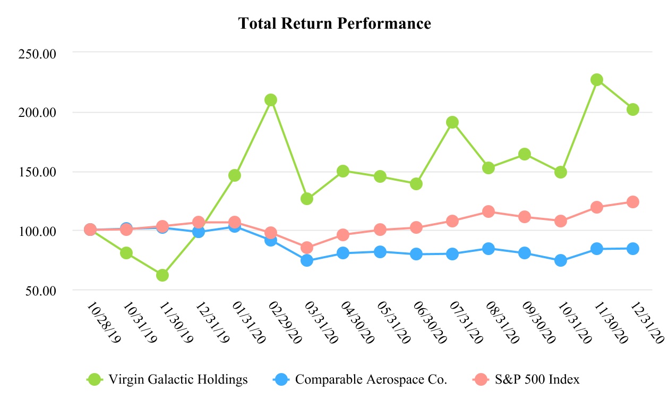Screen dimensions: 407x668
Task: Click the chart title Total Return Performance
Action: pyautogui.click(x=334, y=24)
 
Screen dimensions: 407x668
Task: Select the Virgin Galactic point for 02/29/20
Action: pyautogui.click(x=271, y=100)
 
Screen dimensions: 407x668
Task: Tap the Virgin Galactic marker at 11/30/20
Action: pyautogui.click(x=597, y=80)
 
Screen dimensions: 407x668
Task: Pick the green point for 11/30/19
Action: pyautogui.click(x=162, y=275)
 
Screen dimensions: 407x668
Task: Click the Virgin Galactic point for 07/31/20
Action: pyautogui.click(x=452, y=122)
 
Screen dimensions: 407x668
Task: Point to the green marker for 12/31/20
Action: pyautogui.click(x=633, y=109)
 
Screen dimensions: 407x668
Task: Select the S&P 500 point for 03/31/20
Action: pyautogui.click(x=307, y=248)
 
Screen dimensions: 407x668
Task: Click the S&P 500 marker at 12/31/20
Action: pyautogui.click(x=633, y=202)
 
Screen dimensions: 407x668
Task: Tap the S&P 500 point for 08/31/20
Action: pyautogui.click(x=489, y=211)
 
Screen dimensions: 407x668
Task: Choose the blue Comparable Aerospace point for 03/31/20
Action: pyautogui.click(x=307, y=260)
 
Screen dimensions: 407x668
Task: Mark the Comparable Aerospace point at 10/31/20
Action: pyautogui.click(x=561, y=260)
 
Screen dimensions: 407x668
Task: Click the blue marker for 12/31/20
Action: pyautogui.click(x=633, y=248)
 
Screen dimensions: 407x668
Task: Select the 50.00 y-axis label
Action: pyautogui.click(x=42, y=291)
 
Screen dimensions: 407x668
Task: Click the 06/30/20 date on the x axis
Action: pyautogui.click(x=431, y=324)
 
